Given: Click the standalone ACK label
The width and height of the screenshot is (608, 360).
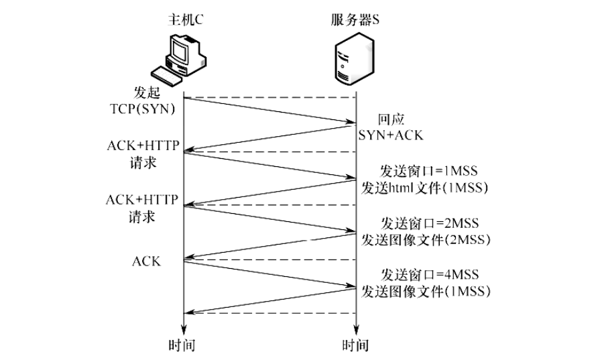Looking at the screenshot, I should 145,260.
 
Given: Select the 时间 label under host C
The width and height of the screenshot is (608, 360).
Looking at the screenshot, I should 183,346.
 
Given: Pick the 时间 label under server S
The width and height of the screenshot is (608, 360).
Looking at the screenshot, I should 355,346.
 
